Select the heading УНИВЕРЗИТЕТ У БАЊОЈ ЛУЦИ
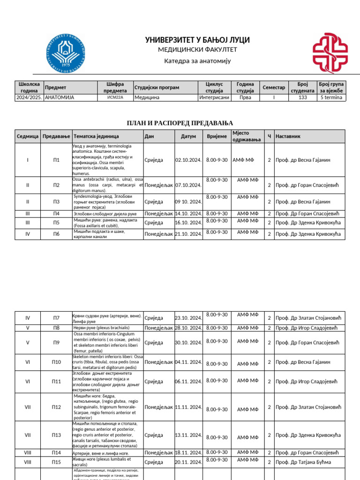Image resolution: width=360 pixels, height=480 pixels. [197, 40]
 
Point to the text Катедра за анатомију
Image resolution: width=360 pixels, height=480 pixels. [197, 61]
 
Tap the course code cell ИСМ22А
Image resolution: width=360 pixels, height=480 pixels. [115, 97]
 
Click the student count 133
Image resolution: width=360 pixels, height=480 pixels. [302, 97]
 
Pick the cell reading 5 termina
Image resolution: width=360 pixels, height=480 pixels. [331, 97]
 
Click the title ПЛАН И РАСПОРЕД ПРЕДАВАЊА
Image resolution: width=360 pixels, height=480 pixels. [180, 123]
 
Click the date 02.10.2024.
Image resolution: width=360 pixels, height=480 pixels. [188, 160]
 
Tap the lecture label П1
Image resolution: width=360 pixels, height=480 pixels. [56, 160]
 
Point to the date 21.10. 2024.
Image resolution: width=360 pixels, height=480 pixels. [188, 234]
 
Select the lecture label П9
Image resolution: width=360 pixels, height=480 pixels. [56, 343]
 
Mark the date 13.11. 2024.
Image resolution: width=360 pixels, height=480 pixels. [188, 435]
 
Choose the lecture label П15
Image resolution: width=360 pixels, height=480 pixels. [56, 463]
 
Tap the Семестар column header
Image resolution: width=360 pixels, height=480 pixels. [274, 88]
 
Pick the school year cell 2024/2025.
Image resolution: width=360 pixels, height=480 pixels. [29, 97]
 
